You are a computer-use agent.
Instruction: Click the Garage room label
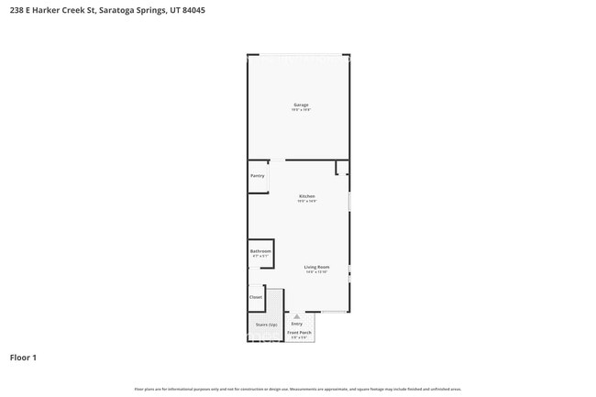[x=301, y=105]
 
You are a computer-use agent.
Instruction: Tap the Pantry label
[x=257, y=175]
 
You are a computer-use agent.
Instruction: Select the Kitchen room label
[x=307, y=196]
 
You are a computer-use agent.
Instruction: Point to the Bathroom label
[x=260, y=250]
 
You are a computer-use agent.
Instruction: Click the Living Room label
[x=316, y=267]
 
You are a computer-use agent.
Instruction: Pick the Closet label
[x=256, y=296]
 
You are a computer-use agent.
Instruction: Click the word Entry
[x=297, y=324]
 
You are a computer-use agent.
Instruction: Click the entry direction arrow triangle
[x=296, y=316]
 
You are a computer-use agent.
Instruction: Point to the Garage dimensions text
[x=302, y=110]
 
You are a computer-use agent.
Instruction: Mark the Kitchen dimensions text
[x=307, y=202]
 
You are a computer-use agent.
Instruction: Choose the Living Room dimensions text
[x=316, y=272]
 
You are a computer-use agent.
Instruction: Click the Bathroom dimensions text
[x=260, y=256]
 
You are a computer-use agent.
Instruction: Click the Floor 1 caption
[x=23, y=357]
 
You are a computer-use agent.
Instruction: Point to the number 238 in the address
[x=17, y=10]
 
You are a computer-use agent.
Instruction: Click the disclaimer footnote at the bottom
[x=298, y=389]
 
